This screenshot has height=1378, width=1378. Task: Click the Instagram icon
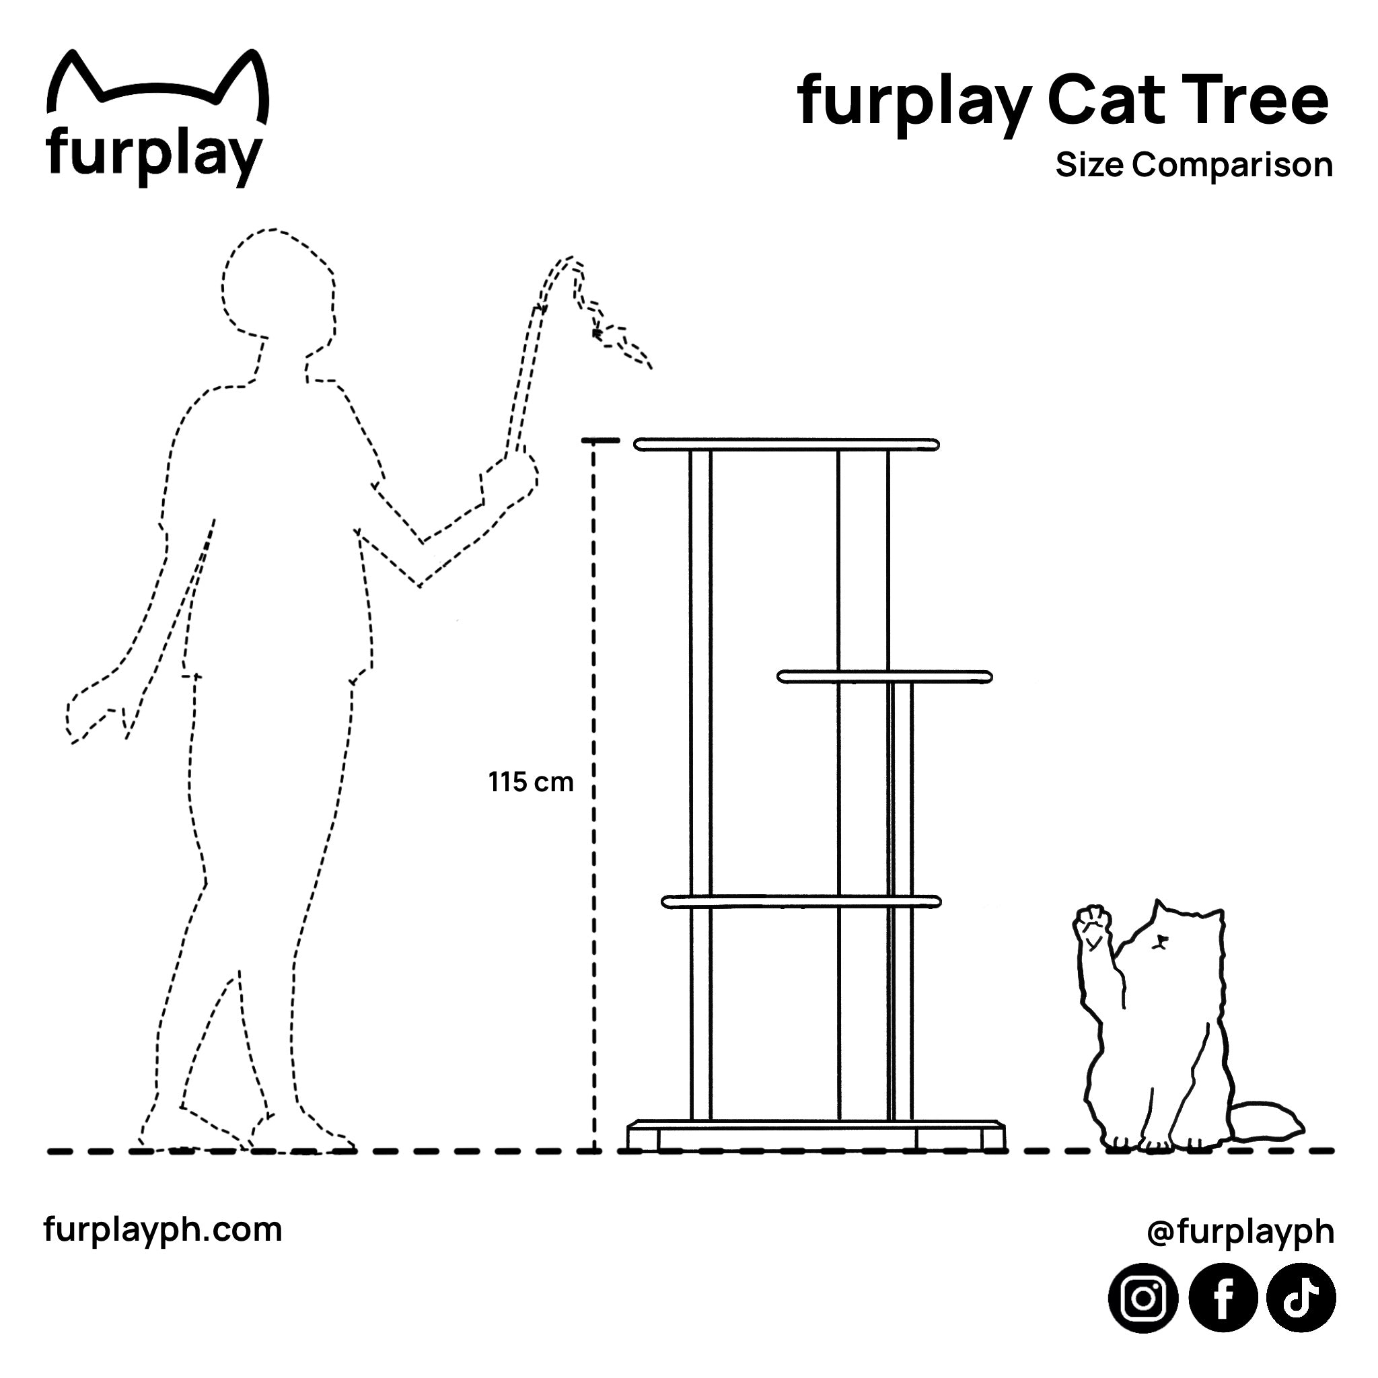pyautogui.click(x=1143, y=1299)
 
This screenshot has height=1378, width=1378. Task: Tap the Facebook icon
pyautogui.click(x=1223, y=1299)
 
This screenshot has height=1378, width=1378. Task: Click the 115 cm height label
pyautogui.click(x=531, y=783)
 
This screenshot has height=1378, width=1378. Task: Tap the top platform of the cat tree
pyautogui.click(x=786, y=445)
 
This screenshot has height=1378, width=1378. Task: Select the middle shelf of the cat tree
pyautogui.click(x=884, y=677)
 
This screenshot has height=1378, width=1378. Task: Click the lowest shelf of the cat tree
pyautogui.click(x=801, y=902)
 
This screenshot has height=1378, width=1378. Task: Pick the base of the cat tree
pyautogui.click(x=816, y=1136)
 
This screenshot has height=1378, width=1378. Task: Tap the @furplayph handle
pyautogui.click(x=1240, y=1231)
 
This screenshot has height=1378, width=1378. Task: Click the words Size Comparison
pyautogui.click(x=1194, y=165)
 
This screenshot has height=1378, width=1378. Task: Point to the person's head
pyautogui.click(x=278, y=285)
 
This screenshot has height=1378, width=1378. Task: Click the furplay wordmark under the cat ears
pyautogui.click(x=153, y=152)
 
